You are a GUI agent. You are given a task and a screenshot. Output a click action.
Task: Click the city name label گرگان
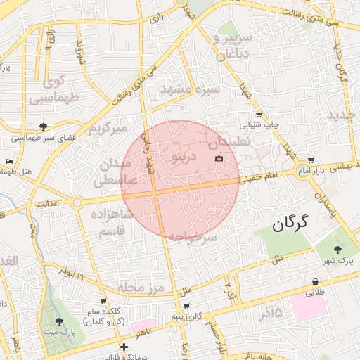pyautogui.click(x=290, y=224)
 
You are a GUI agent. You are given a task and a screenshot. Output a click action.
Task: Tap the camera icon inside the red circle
pyautogui.click(x=219, y=159)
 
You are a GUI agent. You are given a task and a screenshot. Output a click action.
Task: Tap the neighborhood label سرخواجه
pyautogui.click(x=192, y=237)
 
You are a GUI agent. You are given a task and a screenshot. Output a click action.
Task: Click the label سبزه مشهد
pyautogui.click(x=190, y=90)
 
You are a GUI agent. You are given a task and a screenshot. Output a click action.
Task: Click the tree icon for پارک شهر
pyautogui.click(x=337, y=250)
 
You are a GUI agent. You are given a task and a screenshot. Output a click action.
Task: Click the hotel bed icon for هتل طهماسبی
pyautogui.click(x=8, y=162)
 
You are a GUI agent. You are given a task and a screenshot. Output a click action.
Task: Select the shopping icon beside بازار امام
pyautogui.click(x=311, y=160)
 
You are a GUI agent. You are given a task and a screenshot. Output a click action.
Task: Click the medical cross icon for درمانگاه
pyautogui.click(x=124, y=347)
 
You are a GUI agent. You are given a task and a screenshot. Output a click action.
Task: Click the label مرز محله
pyautogui.click(x=141, y=288)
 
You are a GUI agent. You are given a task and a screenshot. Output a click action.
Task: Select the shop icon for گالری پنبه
pyautogui.click(x=186, y=305)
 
